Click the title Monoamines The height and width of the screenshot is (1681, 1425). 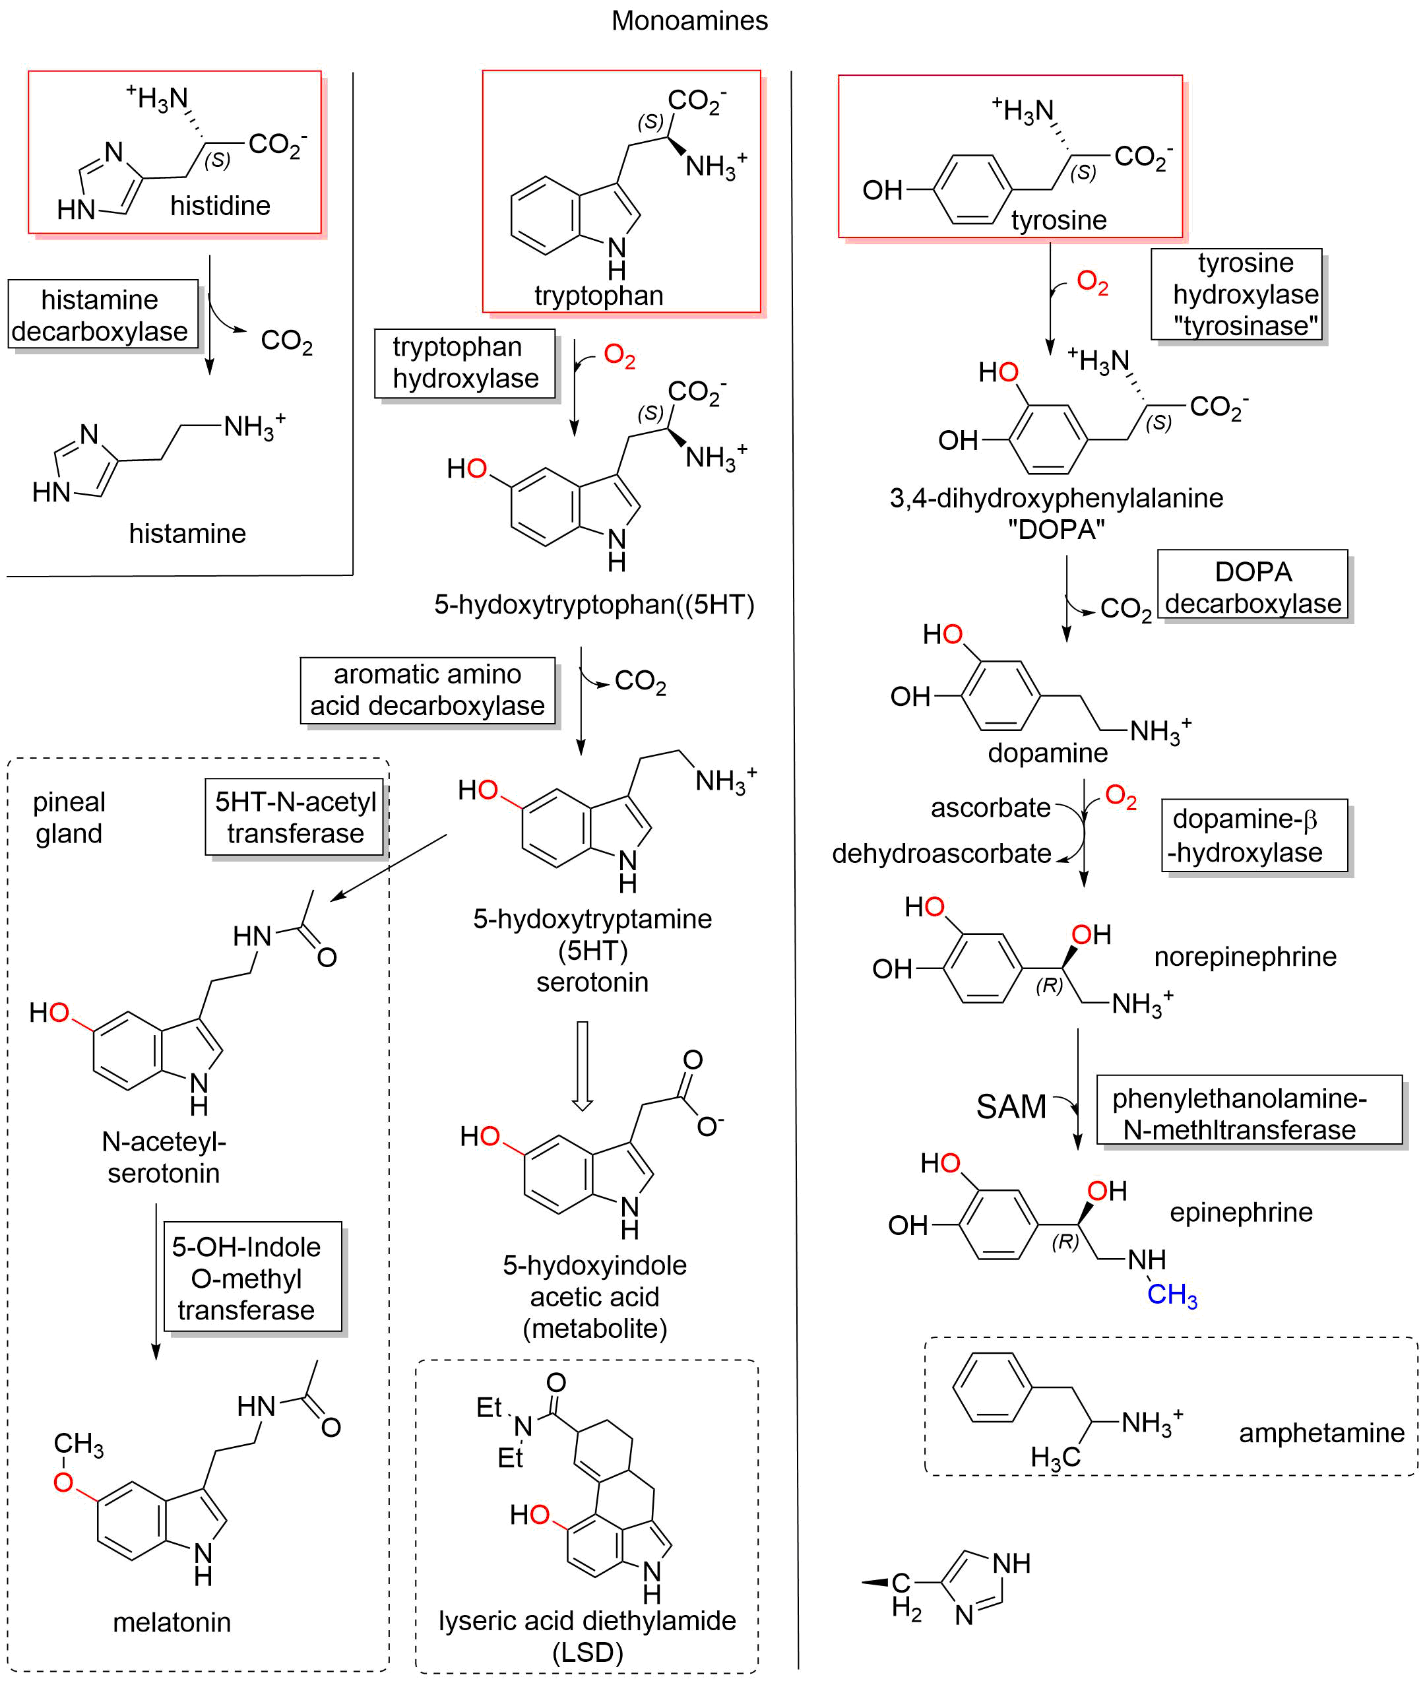point(689,20)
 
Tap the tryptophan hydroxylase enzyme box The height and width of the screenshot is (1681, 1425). point(464,363)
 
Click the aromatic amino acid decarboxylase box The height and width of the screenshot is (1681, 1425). point(427,690)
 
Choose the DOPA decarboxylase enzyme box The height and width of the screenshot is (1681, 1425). point(1252,587)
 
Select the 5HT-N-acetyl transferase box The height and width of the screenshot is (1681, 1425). point(295,817)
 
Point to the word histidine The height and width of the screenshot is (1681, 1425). point(220,206)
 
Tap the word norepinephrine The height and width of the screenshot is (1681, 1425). point(1245,957)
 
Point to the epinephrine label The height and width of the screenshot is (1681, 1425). point(1241,1212)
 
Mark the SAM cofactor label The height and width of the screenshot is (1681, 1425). point(1011,1106)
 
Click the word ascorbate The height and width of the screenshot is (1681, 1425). point(990,807)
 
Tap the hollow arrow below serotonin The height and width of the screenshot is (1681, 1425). point(582,1065)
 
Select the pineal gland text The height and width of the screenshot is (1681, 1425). point(69,817)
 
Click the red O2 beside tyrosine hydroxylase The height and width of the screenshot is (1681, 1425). point(1092,283)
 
